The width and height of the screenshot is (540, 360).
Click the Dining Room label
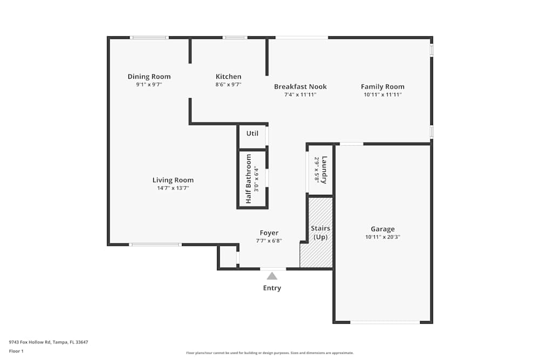pos(149,77)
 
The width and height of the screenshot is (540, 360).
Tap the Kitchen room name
pos(228,77)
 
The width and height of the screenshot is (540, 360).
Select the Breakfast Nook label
pos(300,86)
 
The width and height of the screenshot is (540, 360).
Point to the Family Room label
pos(382,86)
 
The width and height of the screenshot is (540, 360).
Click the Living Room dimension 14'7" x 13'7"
pos(173,188)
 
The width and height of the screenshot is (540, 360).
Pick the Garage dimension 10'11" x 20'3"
pos(382,237)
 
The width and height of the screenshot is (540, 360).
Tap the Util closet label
pos(252,133)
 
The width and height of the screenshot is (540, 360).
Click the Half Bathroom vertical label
pos(249,179)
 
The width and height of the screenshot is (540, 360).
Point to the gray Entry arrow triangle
pos(272,276)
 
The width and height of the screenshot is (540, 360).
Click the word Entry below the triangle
pos(272,288)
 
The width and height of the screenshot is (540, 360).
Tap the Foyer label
pos(269,233)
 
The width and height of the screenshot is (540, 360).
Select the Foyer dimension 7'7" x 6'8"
pos(269,241)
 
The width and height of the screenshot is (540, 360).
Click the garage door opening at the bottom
pos(384,322)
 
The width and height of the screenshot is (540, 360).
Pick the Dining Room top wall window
pos(150,37)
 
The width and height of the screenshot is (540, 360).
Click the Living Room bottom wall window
pos(156,244)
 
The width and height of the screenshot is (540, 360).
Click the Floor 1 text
pos(16,351)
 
